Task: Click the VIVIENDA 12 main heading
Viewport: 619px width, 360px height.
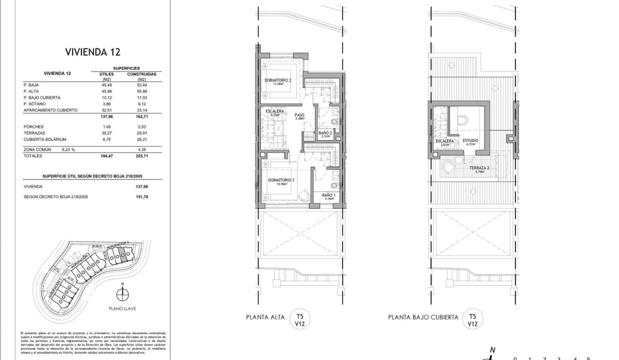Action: [x=93, y=52]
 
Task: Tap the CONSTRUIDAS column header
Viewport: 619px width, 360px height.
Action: [x=141, y=74]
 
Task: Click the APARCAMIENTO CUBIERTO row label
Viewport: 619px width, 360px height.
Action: [x=51, y=110]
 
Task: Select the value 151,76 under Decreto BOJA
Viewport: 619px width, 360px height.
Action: [x=141, y=197]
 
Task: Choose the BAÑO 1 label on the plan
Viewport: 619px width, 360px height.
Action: [x=329, y=195]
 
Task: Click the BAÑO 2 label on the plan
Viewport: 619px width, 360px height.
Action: [x=325, y=136]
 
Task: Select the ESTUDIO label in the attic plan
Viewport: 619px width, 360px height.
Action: [x=470, y=140]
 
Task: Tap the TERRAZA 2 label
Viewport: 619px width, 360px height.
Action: [x=479, y=169]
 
